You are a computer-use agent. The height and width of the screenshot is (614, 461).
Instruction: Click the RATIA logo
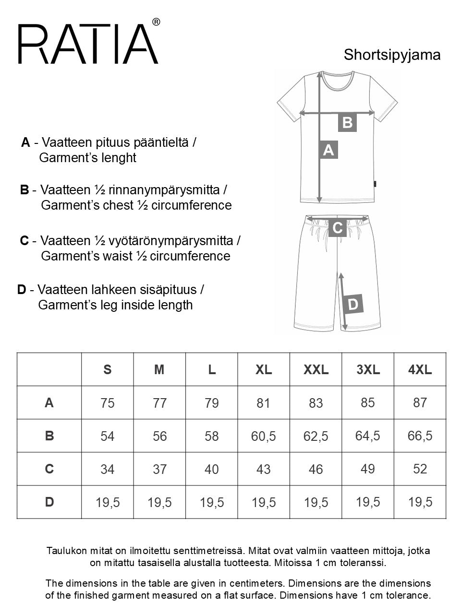point(88,44)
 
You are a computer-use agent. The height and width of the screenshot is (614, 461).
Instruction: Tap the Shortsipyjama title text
point(392,55)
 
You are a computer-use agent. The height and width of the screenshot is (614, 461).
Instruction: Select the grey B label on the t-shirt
point(347,122)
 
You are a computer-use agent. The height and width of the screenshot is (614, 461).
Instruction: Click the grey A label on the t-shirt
point(328,150)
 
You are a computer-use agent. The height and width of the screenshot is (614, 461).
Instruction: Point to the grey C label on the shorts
point(338,228)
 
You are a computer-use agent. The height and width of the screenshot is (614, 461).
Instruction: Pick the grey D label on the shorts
point(352,304)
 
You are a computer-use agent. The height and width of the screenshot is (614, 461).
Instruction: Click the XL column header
point(264,369)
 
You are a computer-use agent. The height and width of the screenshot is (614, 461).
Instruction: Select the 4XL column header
point(420,369)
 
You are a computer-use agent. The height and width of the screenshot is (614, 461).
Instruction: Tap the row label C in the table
point(49,469)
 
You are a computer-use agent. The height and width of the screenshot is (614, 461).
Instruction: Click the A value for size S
point(108,403)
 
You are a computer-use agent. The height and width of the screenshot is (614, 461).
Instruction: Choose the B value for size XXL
point(316,436)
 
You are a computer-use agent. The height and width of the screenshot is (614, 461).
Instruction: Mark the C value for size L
point(212,469)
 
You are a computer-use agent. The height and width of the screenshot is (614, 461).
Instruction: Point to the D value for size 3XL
point(368,502)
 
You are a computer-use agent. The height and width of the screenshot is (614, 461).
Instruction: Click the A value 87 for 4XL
point(420,402)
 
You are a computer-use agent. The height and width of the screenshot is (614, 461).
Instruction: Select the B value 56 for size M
point(160,436)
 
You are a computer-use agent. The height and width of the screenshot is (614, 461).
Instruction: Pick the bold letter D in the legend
point(22,290)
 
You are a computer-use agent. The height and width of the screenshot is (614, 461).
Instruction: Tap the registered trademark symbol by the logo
point(156,22)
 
